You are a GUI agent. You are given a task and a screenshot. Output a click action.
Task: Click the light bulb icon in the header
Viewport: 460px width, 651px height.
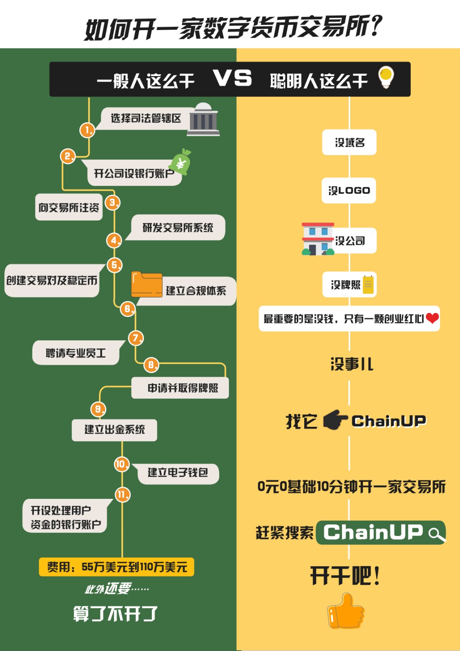[x=386, y=77]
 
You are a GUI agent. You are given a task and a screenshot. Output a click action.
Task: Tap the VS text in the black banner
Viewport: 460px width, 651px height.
[x=233, y=78]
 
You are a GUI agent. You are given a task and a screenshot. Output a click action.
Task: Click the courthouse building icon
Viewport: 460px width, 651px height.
[x=203, y=119]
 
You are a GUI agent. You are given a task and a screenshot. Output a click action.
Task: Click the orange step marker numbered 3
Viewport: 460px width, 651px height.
[x=113, y=203]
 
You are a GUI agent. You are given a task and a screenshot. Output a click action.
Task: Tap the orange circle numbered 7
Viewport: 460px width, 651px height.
[x=136, y=338]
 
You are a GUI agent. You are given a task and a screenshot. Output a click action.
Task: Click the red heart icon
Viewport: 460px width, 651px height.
[x=432, y=318]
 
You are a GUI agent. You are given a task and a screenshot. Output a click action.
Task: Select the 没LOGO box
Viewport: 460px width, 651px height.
[x=349, y=190]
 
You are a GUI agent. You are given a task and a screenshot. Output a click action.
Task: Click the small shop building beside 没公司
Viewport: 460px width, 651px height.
[x=318, y=239]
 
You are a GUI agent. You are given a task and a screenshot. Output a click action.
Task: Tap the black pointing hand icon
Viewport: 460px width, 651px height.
[x=335, y=420]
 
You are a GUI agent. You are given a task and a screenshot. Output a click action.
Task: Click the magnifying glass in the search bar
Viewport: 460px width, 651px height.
[x=436, y=534]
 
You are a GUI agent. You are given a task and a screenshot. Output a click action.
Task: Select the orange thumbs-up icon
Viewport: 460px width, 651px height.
[x=346, y=611]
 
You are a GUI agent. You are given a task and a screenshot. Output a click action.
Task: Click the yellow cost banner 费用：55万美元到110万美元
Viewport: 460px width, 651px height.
[x=117, y=567]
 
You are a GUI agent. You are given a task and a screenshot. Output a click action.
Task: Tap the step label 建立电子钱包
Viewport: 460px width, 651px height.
[x=178, y=473]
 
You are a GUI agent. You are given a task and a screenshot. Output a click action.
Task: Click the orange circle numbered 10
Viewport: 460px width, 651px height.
[x=122, y=464]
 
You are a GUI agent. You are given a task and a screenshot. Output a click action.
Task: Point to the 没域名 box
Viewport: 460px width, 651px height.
[x=349, y=142]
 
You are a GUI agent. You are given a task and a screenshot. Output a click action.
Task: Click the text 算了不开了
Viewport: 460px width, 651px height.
[x=115, y=614]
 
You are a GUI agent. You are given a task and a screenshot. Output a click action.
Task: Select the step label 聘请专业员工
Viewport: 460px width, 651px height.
[x=76, y=353]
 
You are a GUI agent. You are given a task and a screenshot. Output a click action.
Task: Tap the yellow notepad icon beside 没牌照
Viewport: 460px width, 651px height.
[x=368, y=284]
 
